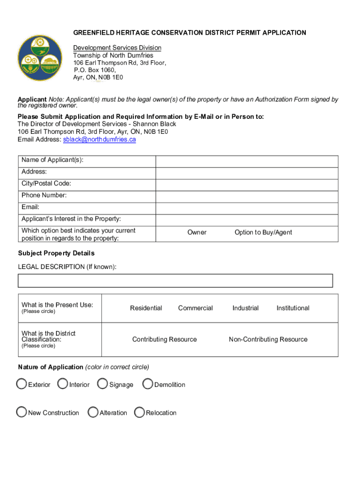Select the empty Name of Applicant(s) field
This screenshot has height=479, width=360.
point(246,161)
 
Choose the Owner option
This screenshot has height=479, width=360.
point(197,232)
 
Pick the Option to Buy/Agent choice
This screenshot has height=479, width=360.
point(263,232)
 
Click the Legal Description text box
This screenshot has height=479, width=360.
point(175,281)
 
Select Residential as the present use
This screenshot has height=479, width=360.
point(146,308)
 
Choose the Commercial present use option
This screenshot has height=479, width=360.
point(195,308)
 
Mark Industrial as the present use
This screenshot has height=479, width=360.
point(245,308)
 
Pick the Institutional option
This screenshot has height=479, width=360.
point(293,308)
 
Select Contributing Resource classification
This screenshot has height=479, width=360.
point(165,339)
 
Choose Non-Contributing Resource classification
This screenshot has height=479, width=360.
point(268,339)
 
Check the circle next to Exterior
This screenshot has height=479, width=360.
point(22,384)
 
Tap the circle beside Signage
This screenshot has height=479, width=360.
point(103,384)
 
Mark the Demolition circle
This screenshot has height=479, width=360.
point(148,384)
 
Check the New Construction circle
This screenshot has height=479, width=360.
point(22,412)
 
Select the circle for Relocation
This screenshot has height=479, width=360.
point(139,412)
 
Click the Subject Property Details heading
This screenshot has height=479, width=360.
point(56,253)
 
